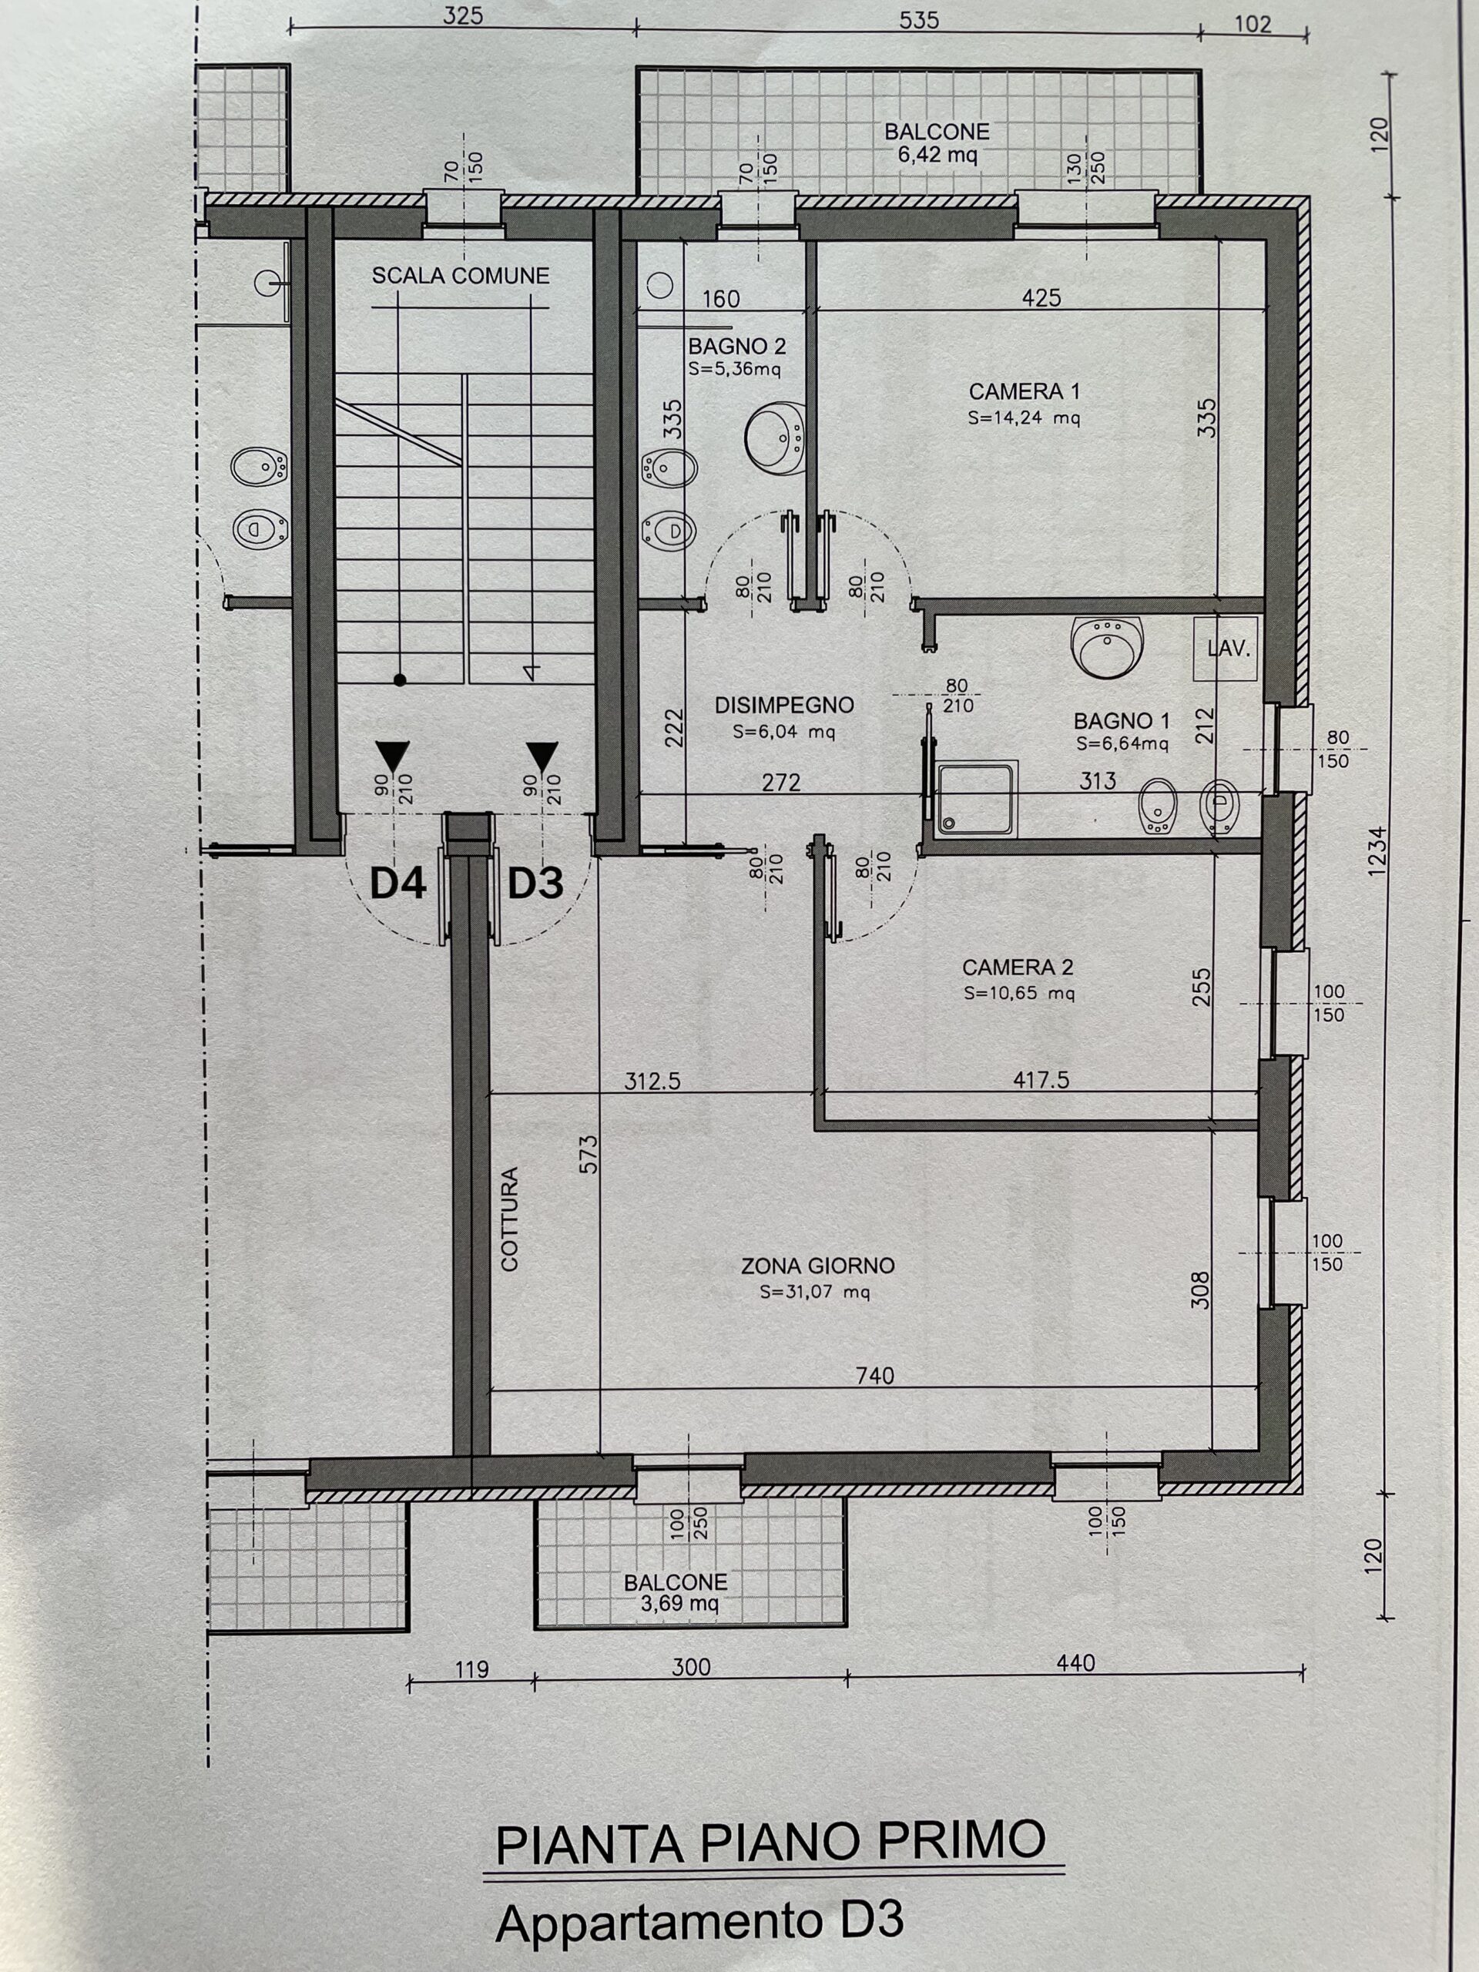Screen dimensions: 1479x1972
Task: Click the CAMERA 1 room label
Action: click(x=1024, y=391)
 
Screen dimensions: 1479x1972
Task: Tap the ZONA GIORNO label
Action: click(x=817, y=1265)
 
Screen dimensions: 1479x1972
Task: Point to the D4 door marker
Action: click(x=397, y=883)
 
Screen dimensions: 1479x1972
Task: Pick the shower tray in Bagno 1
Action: click(x=976, y=798)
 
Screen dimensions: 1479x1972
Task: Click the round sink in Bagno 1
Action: click(x=1107, y=646)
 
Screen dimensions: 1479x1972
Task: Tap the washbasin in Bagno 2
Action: click(x=775, y=437)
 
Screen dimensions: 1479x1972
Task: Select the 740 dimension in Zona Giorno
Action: click(x=874, y=1376)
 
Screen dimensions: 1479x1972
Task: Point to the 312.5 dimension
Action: click(x=652, y=1082)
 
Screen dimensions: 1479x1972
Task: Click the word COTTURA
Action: click(x=509, y=1219)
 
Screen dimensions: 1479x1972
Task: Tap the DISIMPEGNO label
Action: click(x=784, y=705)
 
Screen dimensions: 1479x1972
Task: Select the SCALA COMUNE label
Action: click(x=460, y=277)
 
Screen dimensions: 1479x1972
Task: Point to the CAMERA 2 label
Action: click(x=1018, y=968)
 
